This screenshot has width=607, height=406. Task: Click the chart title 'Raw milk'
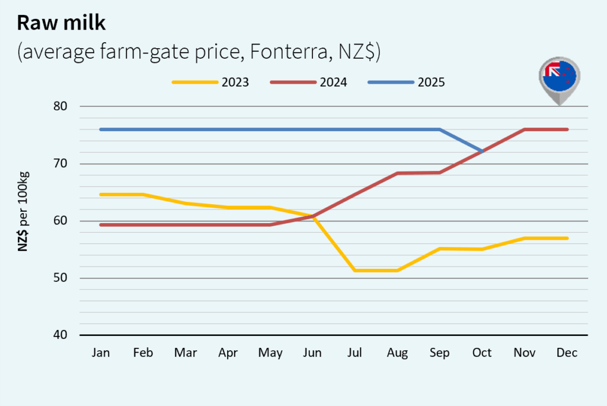[x=62, y=23]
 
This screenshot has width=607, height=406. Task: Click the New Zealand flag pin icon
[x=559, y=81]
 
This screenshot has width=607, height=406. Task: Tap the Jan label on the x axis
[x=101, y=353]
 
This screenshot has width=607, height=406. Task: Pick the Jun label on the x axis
[x=312, y=353]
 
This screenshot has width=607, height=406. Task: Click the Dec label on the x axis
[x=567, y=353]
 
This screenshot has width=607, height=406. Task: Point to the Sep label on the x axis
[x=440, y=353]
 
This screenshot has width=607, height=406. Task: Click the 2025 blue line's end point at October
[x=483, y=151]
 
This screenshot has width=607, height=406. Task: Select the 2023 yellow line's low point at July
[x=355, y=270]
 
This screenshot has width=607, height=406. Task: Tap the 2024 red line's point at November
[x=525, y=129]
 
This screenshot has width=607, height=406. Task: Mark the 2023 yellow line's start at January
[x=101, y=194]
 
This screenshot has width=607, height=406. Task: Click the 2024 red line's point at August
[x=397, y=173]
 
